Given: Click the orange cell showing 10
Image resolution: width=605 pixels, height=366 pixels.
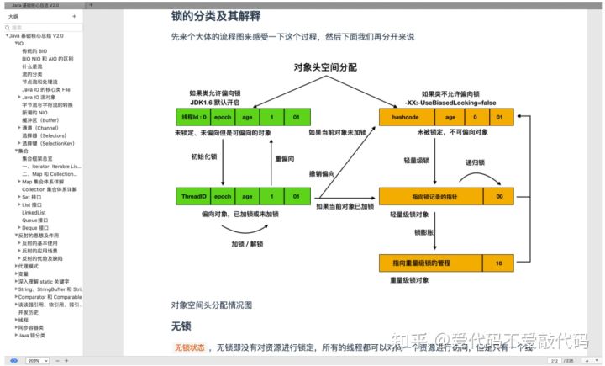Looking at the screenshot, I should click(498, 263).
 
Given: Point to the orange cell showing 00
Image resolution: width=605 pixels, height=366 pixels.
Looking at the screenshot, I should click(498, 197).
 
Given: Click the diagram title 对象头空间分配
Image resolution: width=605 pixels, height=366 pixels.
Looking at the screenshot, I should click(325, 66).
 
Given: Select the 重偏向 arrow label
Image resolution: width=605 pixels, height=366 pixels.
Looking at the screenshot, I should click(285, 157).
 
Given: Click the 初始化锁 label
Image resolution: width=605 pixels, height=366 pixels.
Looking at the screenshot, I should click(204, 157).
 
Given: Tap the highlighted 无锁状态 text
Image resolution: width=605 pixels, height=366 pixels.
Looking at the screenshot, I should click(189, 347).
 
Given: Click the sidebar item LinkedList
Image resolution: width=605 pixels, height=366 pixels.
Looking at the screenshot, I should click(34, 213).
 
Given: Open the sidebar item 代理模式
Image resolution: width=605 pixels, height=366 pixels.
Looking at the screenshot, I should click(29, 266).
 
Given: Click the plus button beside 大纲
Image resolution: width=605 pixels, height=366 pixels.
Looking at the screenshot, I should click(74, 16).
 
